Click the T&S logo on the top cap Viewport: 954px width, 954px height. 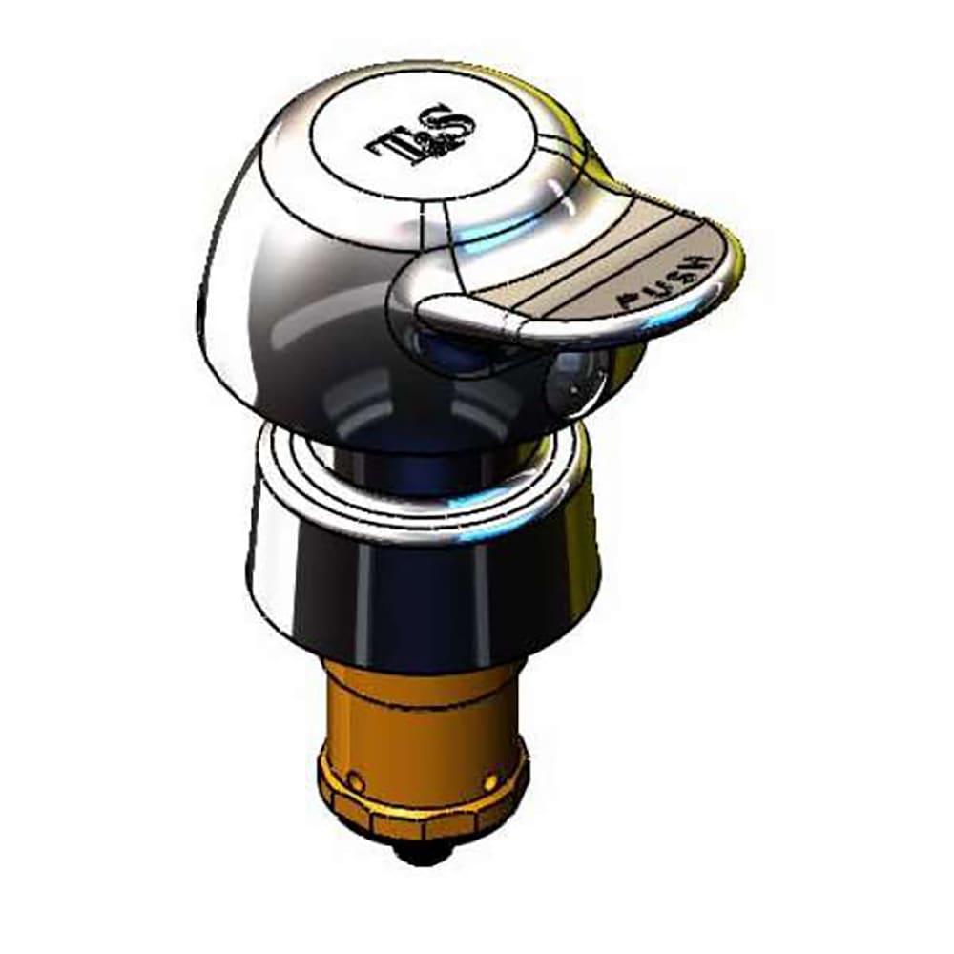click(421, 134)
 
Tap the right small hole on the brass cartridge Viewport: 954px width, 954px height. click(490, 781)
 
